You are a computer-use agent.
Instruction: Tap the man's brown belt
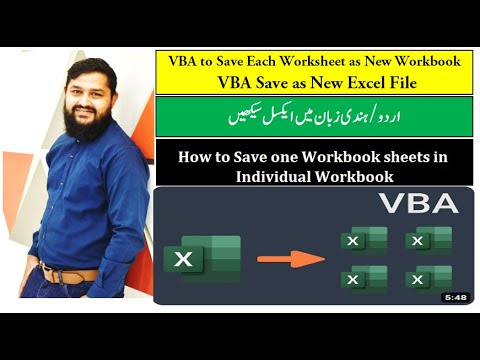[x=70, y=272]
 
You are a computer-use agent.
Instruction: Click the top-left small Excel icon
[x=364, y=240]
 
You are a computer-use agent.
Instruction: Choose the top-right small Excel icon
[x=428, y=240]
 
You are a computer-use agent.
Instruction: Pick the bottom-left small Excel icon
[x=364, y=279]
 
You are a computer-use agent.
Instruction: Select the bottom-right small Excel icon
[x=428, y=279]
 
